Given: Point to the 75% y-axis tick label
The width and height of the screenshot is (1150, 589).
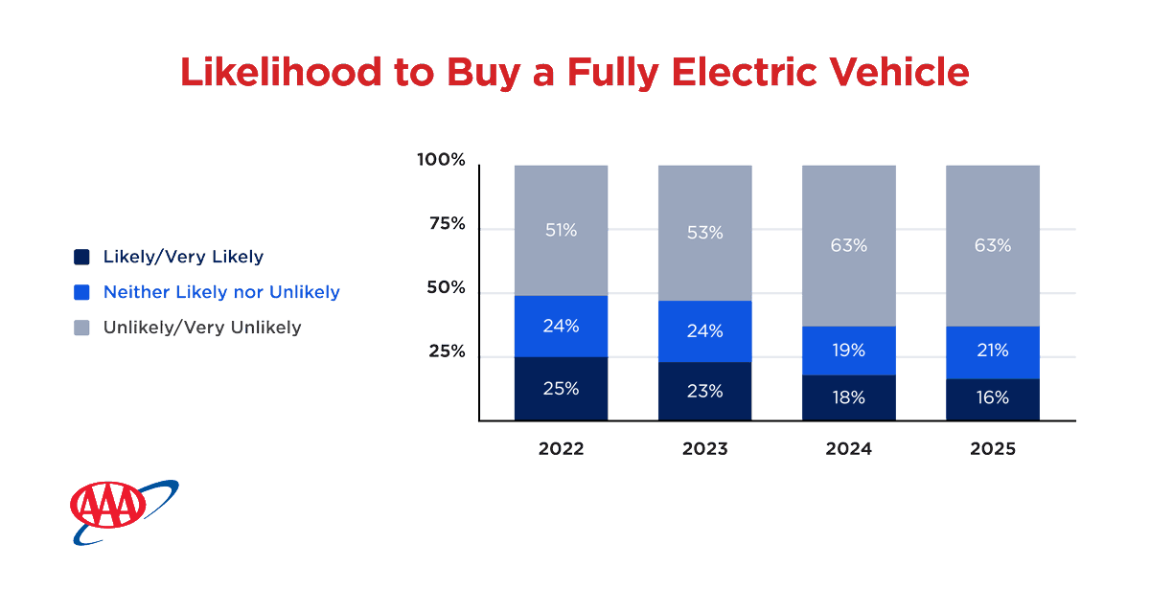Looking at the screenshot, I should coord(446,224).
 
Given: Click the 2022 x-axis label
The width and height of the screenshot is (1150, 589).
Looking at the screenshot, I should coord(561,449).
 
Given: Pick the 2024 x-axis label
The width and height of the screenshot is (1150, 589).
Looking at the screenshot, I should coord(848,449).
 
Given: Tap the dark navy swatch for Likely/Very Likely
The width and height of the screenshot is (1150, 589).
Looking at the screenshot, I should coord(81,257).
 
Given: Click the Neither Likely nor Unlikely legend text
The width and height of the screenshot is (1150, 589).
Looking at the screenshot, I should coord(221,292).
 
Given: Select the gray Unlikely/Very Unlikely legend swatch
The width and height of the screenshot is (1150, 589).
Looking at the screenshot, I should coord(81,328).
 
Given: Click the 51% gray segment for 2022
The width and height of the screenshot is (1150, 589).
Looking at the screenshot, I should coord(561,230).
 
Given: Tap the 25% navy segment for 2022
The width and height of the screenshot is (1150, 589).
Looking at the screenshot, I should coord(561,389).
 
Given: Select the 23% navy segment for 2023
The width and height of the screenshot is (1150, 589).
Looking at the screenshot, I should coord(704,391).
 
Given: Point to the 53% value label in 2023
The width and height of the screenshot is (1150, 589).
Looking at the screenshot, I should coord(704,233).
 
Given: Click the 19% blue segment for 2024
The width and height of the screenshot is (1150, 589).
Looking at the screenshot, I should coord(848,350).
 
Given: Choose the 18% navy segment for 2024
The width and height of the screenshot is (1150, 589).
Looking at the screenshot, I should coord(848,397).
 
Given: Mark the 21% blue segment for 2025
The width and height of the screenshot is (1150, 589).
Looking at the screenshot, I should coord(992,351).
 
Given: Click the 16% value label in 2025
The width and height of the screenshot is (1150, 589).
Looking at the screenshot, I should coord(992,397).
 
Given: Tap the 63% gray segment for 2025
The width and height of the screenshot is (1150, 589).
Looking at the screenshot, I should coord(992,245).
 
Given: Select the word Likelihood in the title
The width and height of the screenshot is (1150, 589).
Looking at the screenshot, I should coord(279,73).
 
